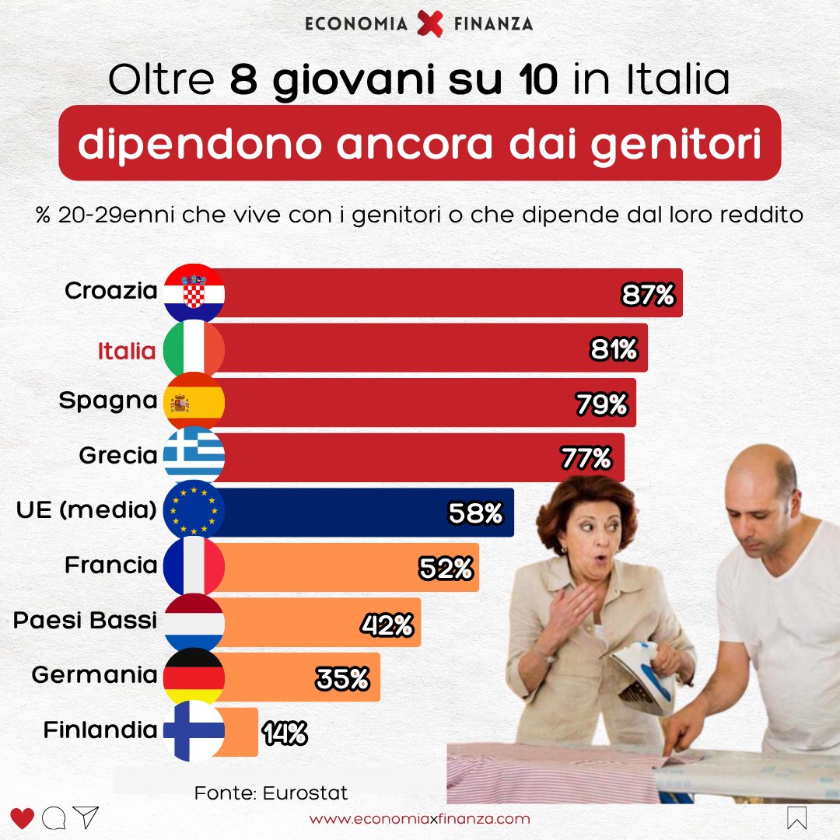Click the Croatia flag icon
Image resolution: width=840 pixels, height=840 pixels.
[194, 293]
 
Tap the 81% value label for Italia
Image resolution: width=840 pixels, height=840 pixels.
[614, 350]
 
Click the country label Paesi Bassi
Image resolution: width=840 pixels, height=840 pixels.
[86, 621]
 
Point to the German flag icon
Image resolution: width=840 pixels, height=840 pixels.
[194, 676]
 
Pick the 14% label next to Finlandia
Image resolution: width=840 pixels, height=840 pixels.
[285, 733]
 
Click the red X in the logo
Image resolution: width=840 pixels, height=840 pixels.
[429, 23]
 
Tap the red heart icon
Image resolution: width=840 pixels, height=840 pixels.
[23, 818]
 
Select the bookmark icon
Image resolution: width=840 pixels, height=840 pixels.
[797, 818]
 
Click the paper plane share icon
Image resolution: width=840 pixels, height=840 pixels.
[86, 817]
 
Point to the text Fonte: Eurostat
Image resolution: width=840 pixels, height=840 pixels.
[271, 793]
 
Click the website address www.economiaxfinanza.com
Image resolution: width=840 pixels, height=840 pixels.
[420, 819]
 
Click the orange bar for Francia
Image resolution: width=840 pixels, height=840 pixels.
[350, 567]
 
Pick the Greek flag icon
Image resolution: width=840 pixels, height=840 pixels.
[194, 456]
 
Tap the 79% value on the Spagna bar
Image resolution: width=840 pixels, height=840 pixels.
[601, 404]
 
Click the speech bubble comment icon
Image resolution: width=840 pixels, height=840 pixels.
[54, 818]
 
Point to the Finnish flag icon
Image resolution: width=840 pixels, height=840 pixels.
[194, 731]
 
